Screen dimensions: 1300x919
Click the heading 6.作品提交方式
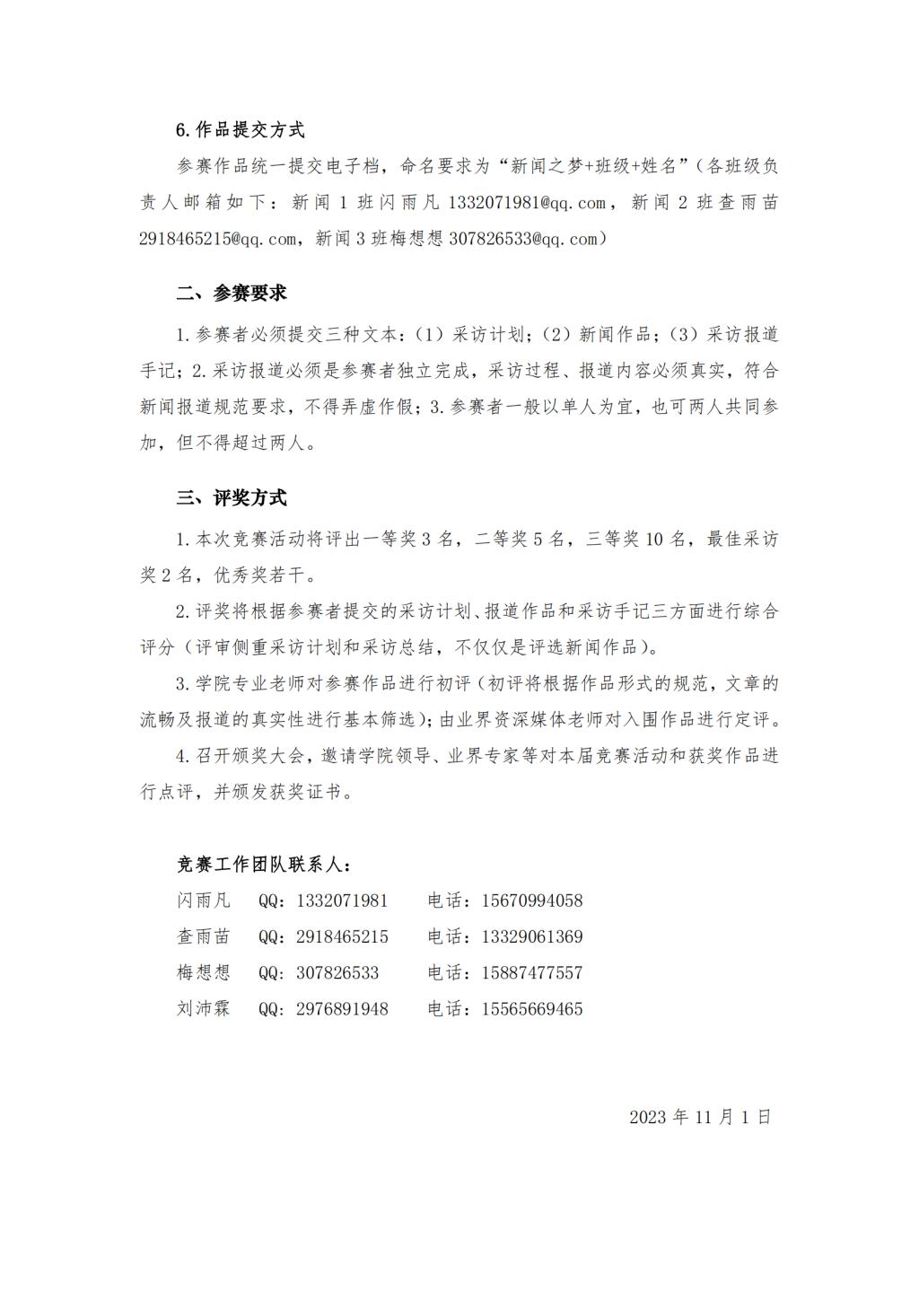click(x=240, y=130)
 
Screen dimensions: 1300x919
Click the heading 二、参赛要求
click(x=231, y=294)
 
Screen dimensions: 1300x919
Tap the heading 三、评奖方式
click(x=231, y=498)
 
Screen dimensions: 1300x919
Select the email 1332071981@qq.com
click(x=527, y=203)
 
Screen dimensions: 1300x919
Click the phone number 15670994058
click(x=531, y=900)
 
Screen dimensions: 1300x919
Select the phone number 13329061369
click(x=531, y=936)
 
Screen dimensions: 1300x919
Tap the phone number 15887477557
click(x=531, y=972)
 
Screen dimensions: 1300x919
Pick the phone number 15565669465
click(x=531, y=1008)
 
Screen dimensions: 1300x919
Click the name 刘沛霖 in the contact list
click(x=204, y=1008)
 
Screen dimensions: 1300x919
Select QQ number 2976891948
click(x=342, y=1008)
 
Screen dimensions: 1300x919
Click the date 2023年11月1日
click(x=700, y=1117)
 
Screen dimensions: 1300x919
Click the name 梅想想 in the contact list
click(x=204, y=972)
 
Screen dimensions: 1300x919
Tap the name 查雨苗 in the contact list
click(x=204, y=936)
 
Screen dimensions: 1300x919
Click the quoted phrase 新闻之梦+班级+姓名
click(x=598, y=166)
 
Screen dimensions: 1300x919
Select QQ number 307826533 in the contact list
click(x=337, y=972)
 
